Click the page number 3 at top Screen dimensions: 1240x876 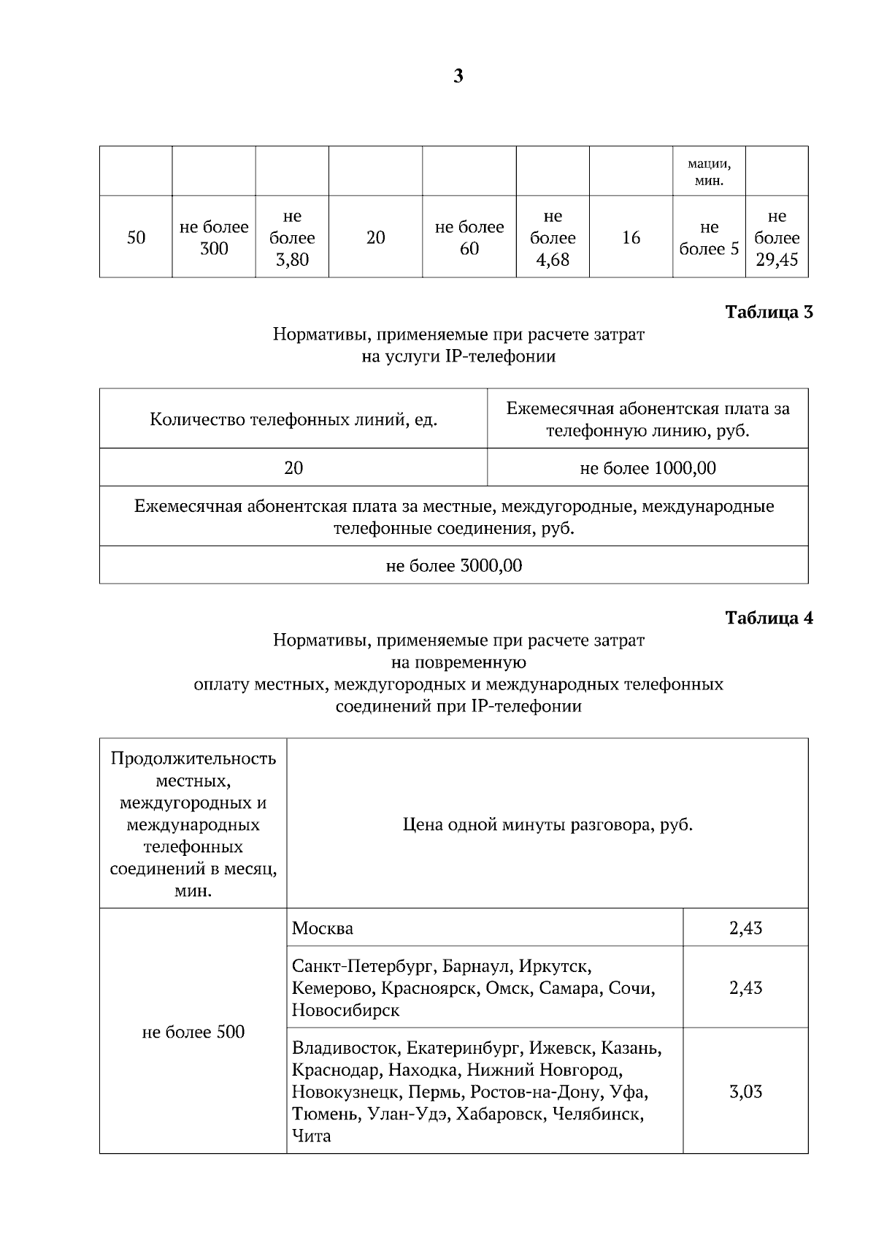458,77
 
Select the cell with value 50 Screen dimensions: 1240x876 136,237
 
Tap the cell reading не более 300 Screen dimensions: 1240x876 214,237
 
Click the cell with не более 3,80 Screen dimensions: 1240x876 292,237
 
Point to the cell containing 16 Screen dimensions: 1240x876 631,237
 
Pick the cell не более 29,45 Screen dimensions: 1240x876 777,237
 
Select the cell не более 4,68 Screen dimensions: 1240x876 553,237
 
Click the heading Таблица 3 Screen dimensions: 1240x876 769,313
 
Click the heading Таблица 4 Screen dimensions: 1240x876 769,618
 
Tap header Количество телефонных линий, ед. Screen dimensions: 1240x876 293,420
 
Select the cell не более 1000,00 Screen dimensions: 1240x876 648,467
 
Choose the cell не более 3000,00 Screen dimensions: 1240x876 453,566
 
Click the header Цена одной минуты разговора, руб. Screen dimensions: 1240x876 547,825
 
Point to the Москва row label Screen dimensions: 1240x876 323,928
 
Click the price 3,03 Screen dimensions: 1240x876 745,1092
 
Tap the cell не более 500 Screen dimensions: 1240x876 193,1032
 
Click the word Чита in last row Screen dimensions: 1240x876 312,1136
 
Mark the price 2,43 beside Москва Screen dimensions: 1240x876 745,928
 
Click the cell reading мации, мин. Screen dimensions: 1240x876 709,171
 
